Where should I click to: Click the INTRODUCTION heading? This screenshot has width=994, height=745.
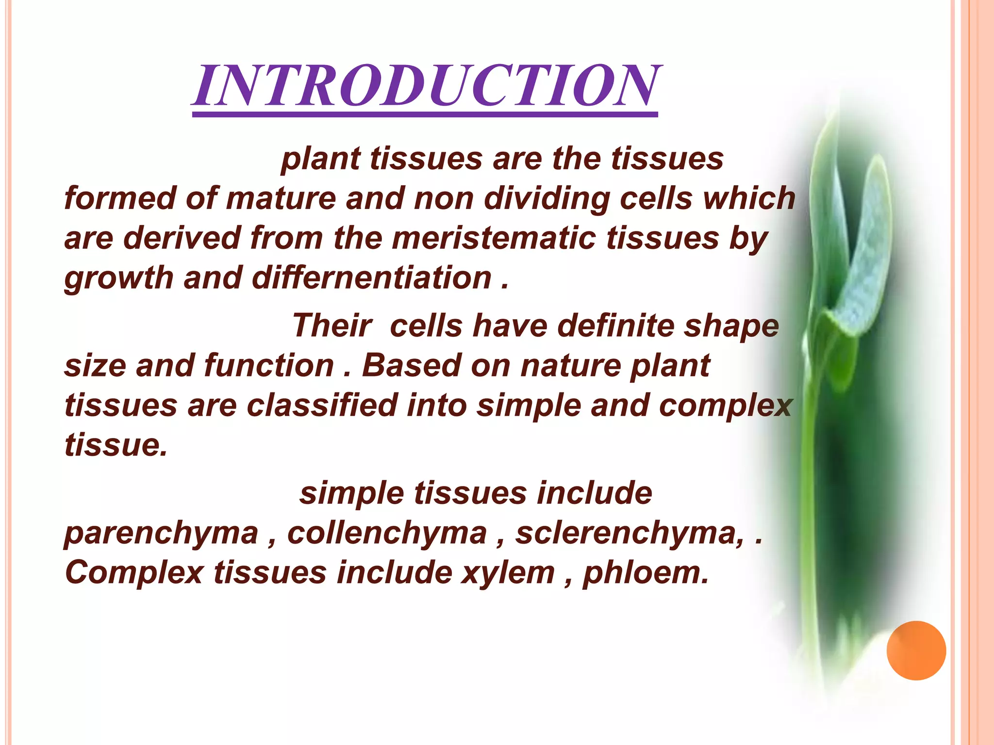(425, 86)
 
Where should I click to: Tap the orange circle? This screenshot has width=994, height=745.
(916, 650)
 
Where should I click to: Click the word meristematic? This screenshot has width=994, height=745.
(494, 238)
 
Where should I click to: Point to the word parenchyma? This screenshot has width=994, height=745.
(161, 533)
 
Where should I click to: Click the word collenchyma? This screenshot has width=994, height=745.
(387, 533)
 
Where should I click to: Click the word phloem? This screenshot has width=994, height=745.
(646, 573)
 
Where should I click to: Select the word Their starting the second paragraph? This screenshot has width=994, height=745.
(332, 325)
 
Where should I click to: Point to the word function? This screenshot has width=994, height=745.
(269, 365)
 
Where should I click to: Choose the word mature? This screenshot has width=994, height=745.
(281, 198)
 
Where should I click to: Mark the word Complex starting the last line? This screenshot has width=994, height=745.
(134, 573)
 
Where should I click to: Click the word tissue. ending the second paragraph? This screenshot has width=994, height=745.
(116, 445)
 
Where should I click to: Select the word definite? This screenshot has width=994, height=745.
(615, 325)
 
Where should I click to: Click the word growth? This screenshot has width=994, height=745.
(119, 278)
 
